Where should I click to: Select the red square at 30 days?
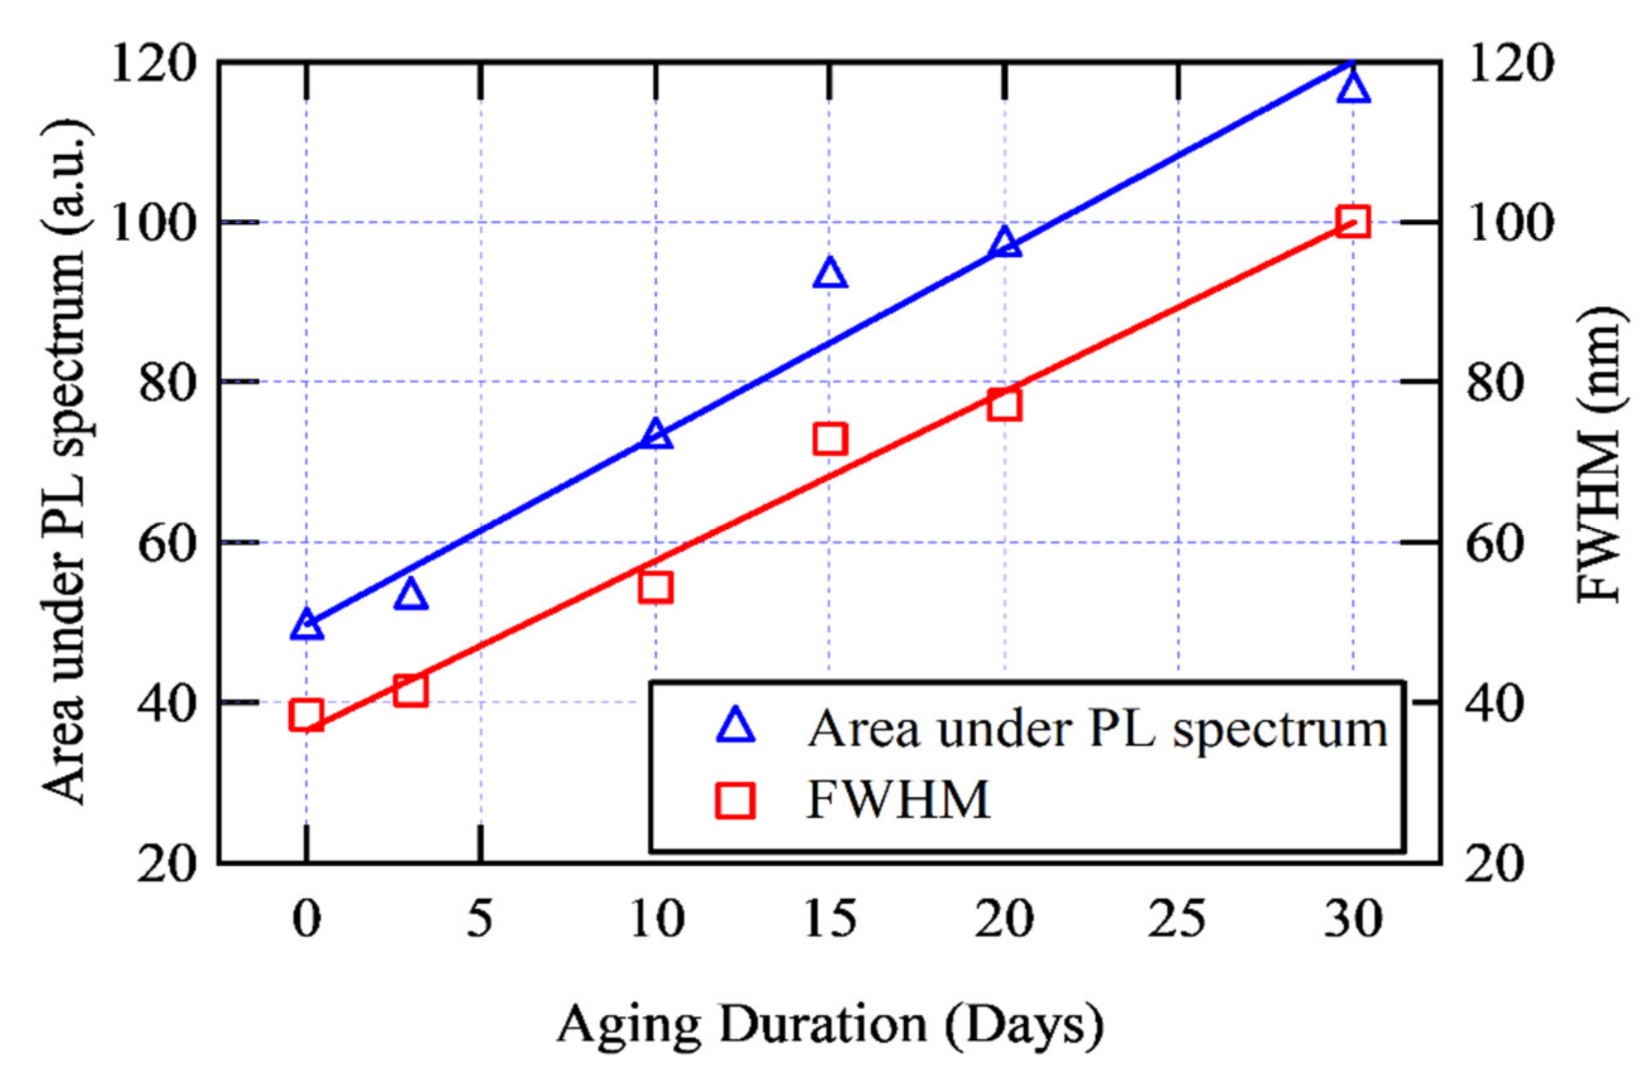click(x=1352, y=221)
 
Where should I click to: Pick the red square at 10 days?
click(x=656, y=588)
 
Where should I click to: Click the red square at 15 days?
click(x=830, y=439)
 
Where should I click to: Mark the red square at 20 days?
click(x=1004, y=404)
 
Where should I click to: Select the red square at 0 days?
click(x=307, y=715)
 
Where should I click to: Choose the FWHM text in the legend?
click(x=898, y=800)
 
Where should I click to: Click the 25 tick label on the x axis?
click(x=1177, y=919)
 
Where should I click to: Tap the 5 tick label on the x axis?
click(x=480, y=919)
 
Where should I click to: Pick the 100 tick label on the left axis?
click(x=151, y=223)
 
